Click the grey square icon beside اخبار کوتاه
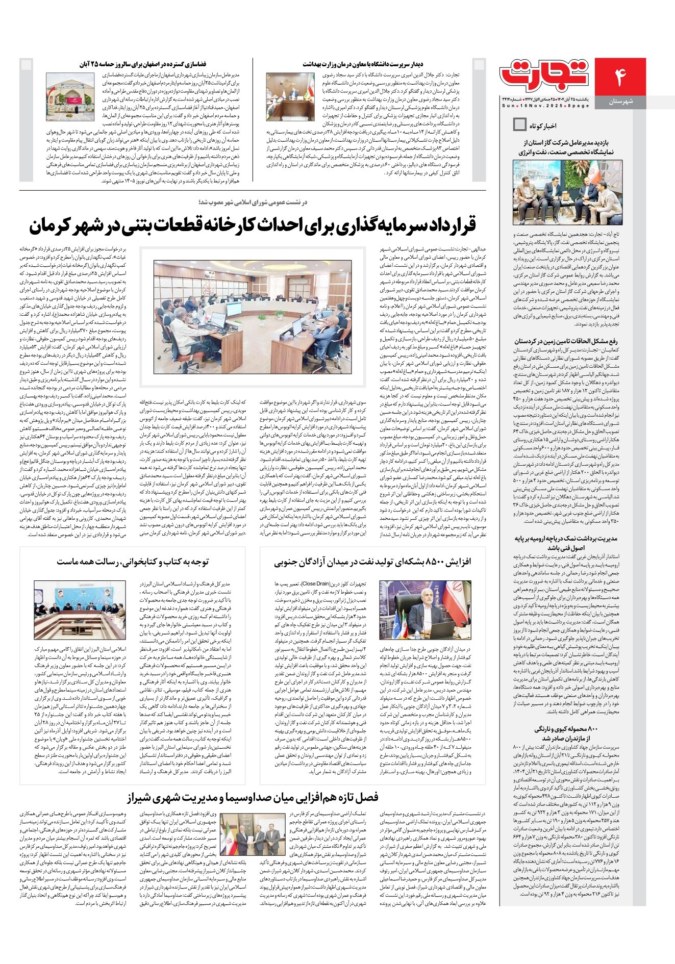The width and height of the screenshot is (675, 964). [x=519, y=124]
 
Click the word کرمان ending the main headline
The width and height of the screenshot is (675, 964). [x=54, y=226]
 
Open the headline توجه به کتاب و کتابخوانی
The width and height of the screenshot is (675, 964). [x=133, y=562]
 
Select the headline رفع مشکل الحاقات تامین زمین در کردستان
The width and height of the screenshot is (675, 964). [x=566, y=341]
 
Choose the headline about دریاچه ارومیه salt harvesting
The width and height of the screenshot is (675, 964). [x=566, y=543]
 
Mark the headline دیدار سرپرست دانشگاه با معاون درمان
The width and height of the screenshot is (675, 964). [x=363, y=64]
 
